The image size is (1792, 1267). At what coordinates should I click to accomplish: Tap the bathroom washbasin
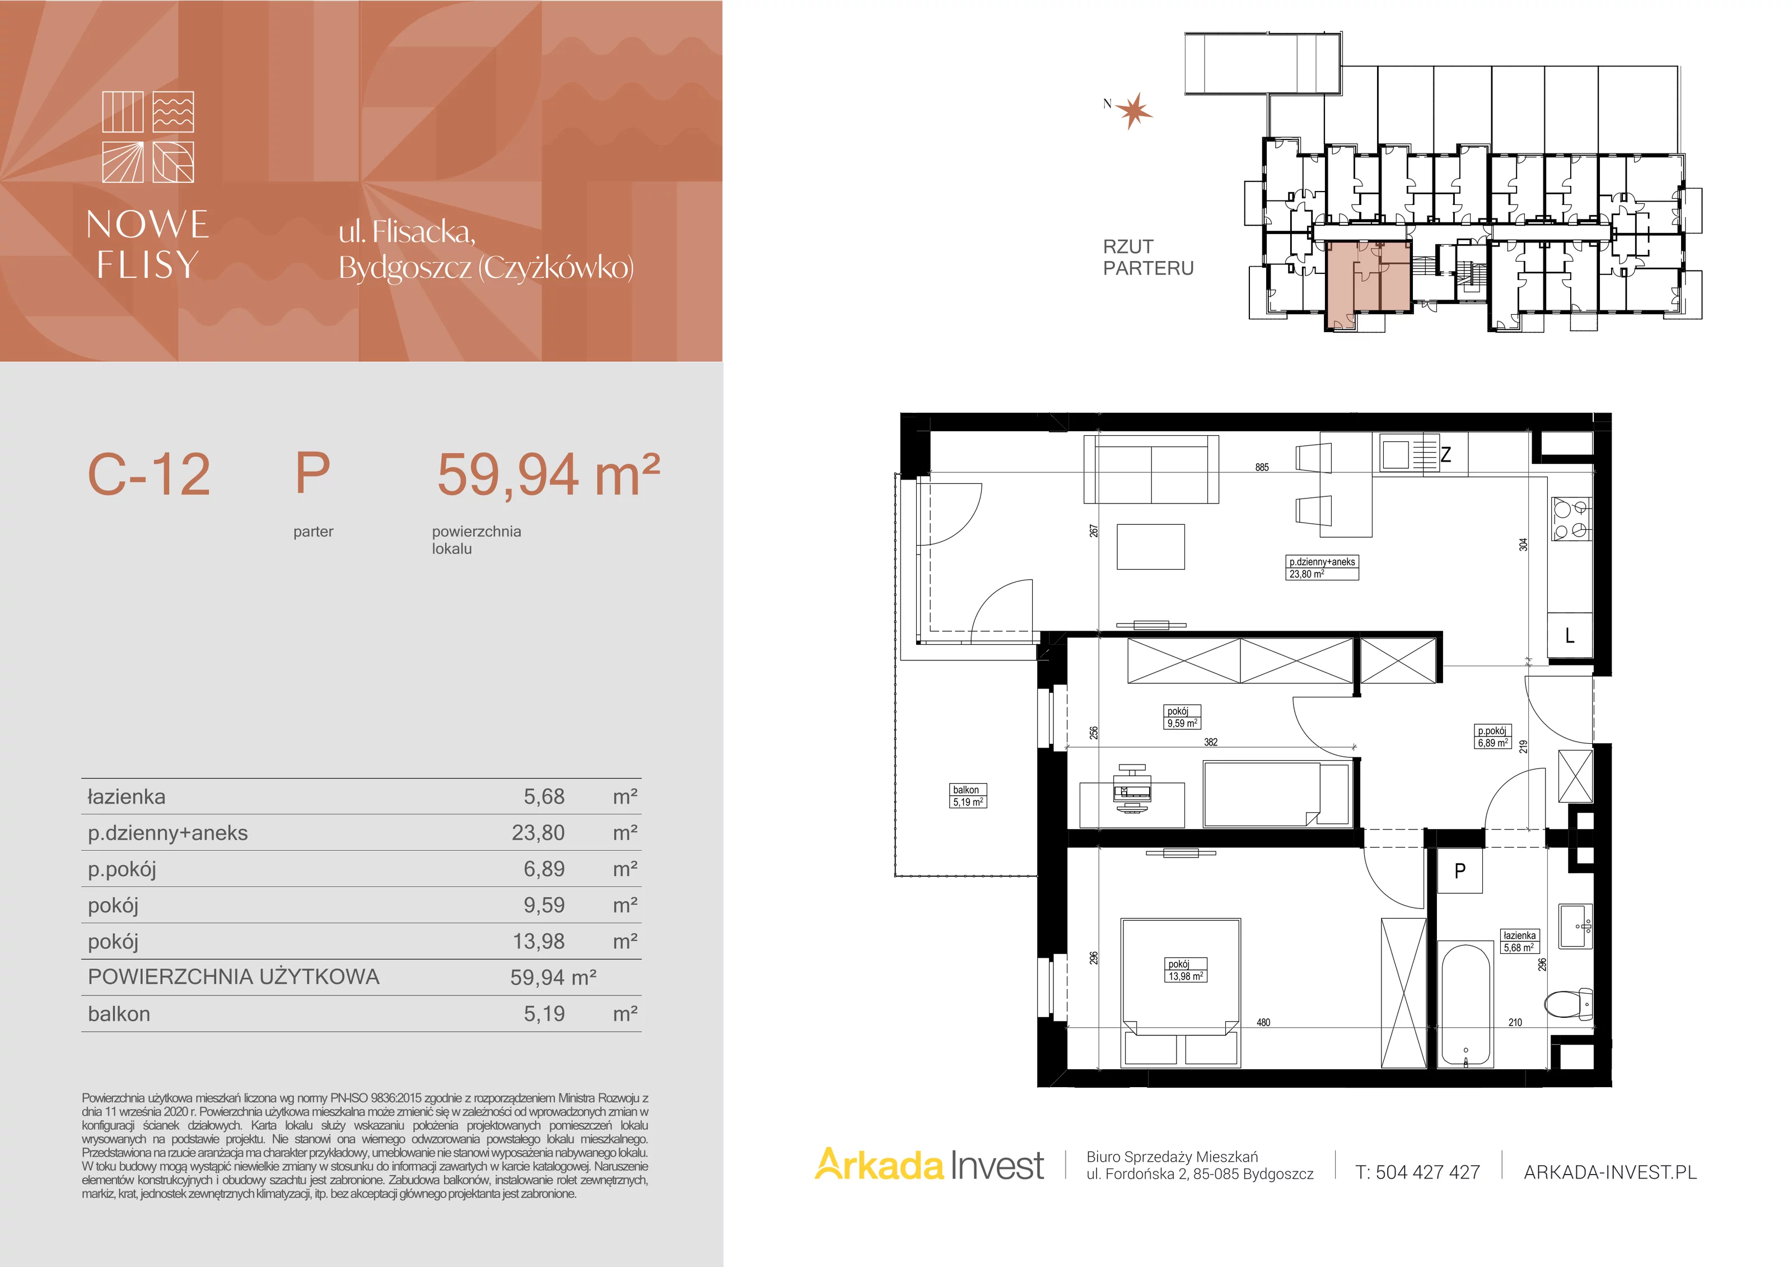pos(1576,926)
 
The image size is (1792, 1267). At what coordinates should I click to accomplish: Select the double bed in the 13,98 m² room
pos(1180,991)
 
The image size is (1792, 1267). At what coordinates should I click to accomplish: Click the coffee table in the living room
pos(1150,547)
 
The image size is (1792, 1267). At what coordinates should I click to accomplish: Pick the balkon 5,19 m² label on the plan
pos(968,795)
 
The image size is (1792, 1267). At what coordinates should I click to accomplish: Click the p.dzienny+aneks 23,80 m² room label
pos(1322,567)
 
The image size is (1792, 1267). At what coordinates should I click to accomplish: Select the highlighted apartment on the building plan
pos(1369,285)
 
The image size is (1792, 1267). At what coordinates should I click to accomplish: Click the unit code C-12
pos(149,474)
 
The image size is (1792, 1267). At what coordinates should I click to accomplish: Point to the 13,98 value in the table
pos(539,942)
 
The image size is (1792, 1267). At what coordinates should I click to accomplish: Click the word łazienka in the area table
pos(127,796)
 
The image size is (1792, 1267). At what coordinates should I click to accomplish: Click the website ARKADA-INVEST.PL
pos(1610,1172)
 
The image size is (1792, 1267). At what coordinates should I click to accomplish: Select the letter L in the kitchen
pos(1570,636)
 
